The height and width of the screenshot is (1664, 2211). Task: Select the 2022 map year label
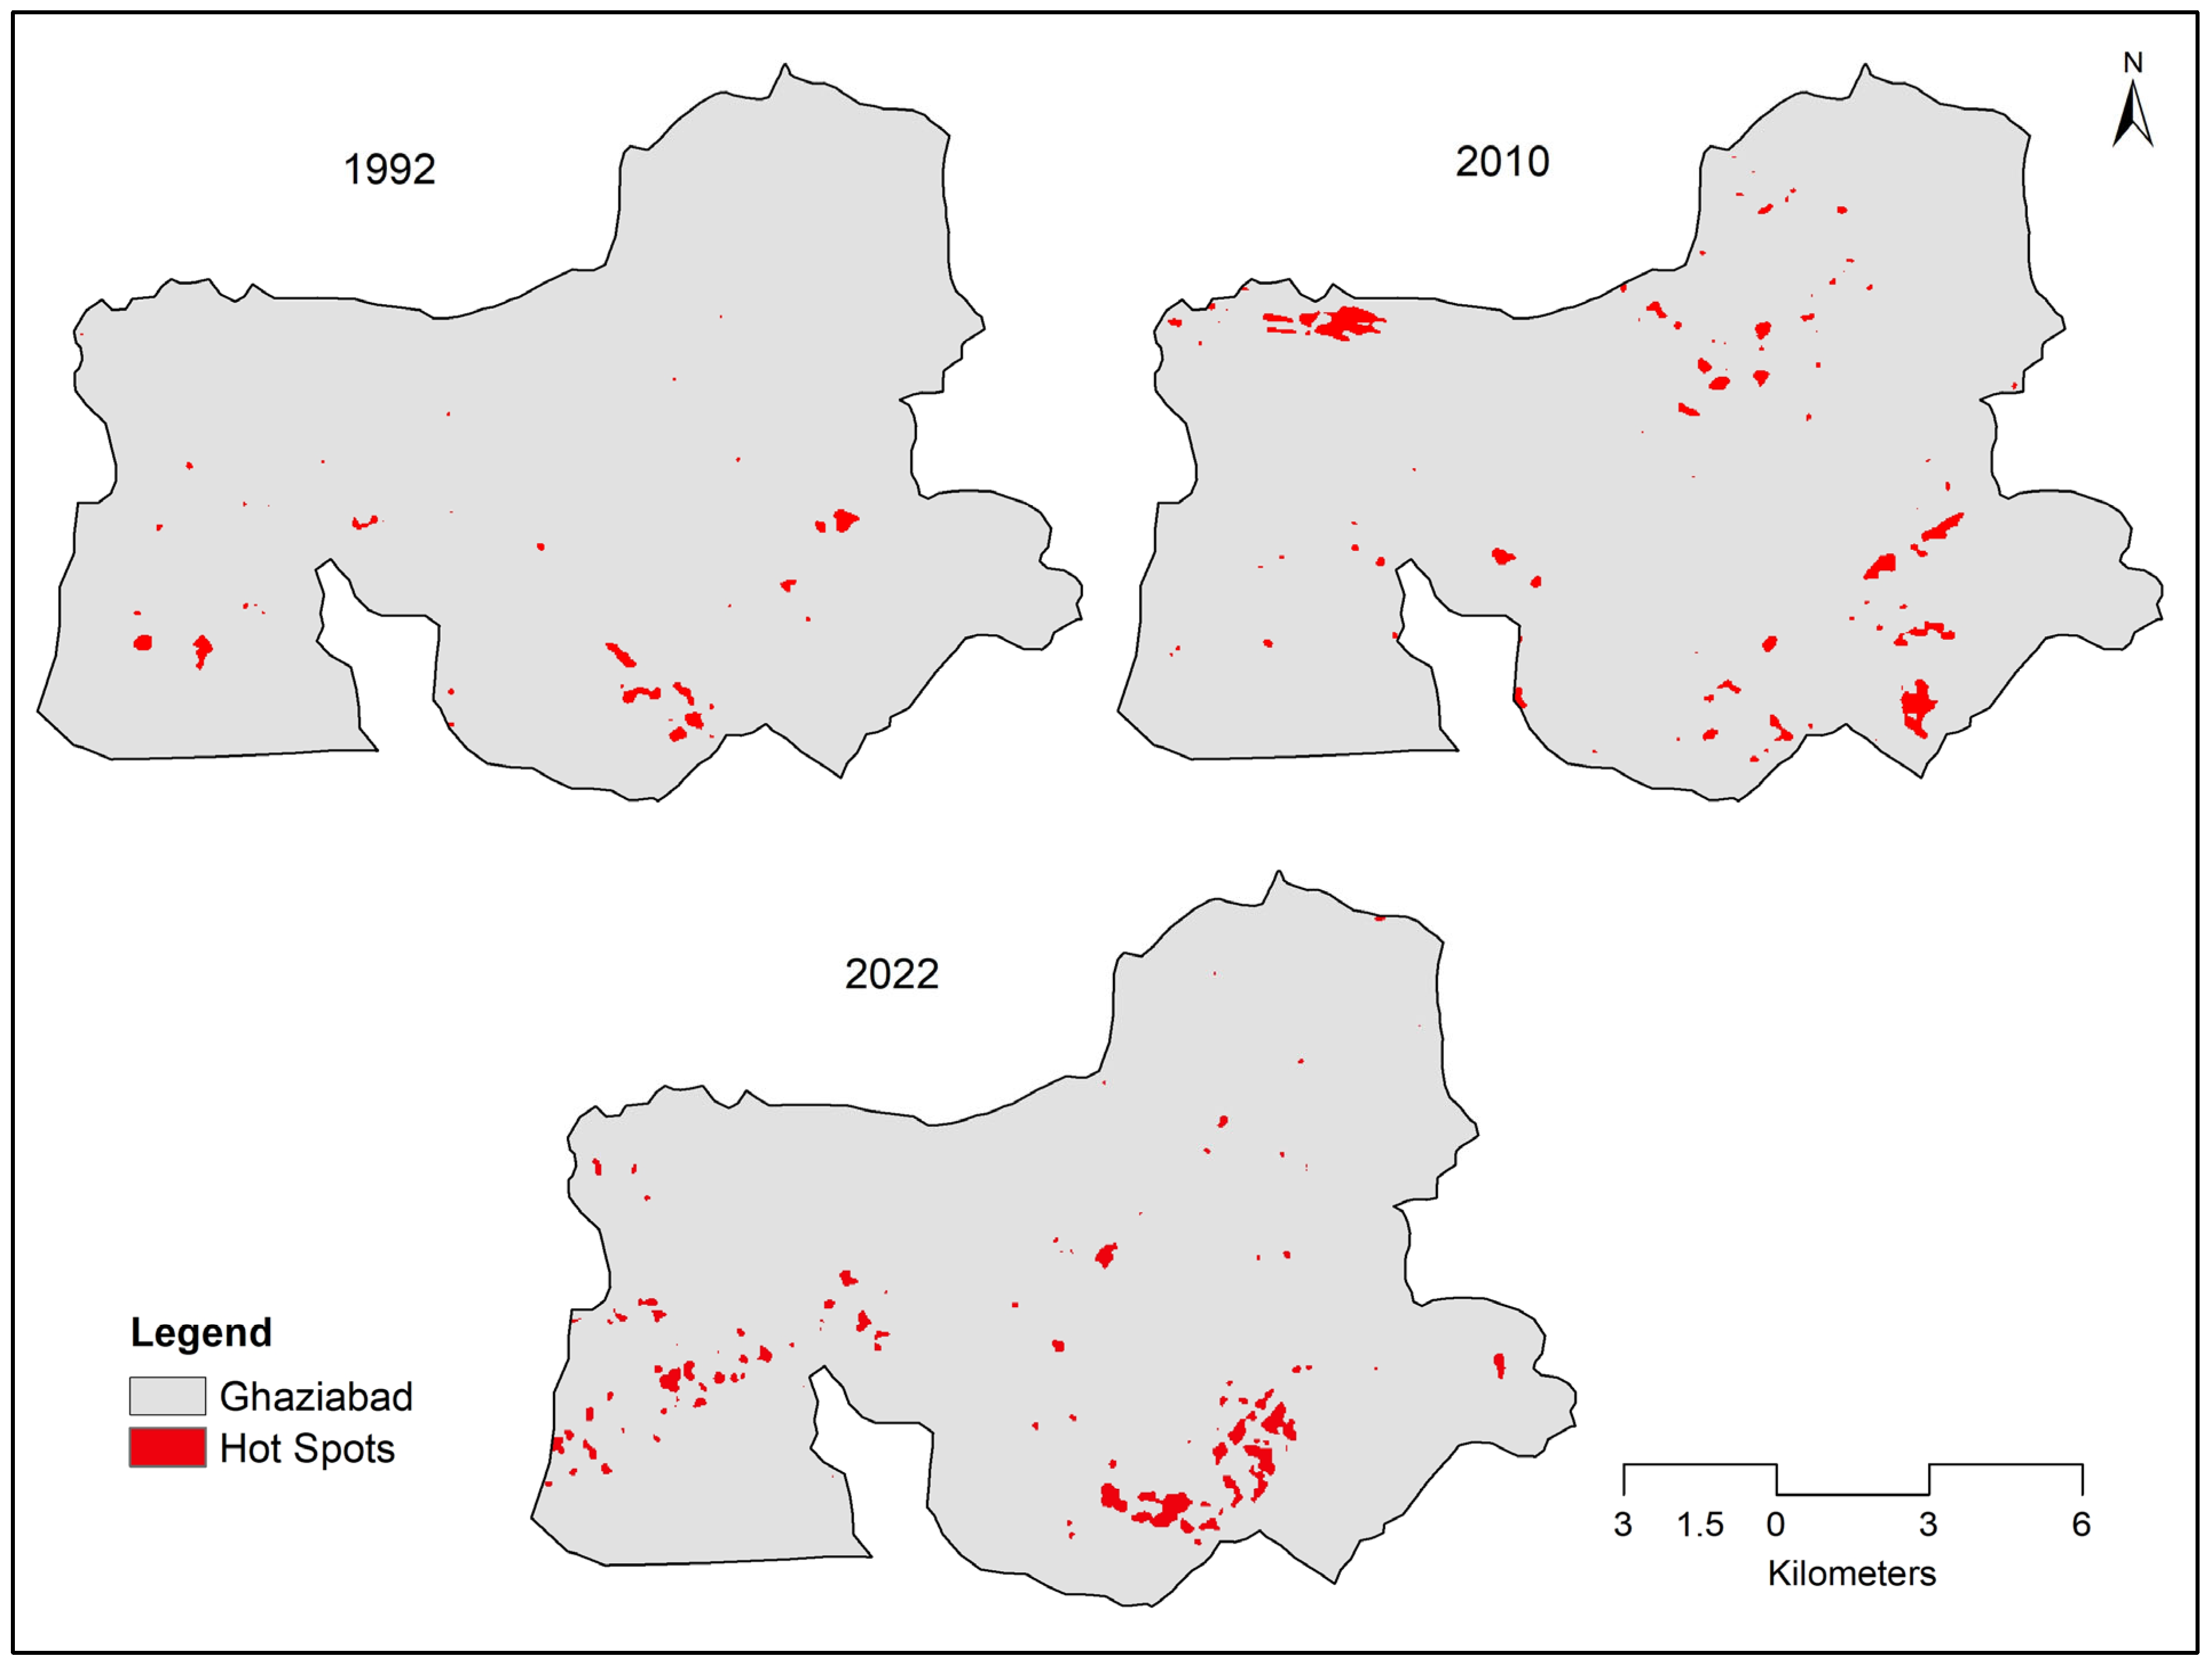(x=891, y=974)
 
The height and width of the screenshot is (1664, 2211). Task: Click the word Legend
(x=201, y=1333)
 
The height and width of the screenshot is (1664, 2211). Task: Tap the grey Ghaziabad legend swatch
(x=167, y=1396)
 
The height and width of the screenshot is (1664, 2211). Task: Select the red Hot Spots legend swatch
(x=167, y=1448)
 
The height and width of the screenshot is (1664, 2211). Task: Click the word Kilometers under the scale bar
(x=1851, y=1573)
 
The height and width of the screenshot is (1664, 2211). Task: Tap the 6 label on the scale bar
(x=2081, y=1524)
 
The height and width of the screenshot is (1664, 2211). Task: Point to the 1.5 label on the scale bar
(x=1700, y=1524)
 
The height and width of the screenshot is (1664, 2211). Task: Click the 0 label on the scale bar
(x=1775, y=1524)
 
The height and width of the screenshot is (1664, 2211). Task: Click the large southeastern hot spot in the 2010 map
(x=1917, y=705)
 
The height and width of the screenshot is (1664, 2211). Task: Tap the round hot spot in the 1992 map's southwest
(x=143, y=642)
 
